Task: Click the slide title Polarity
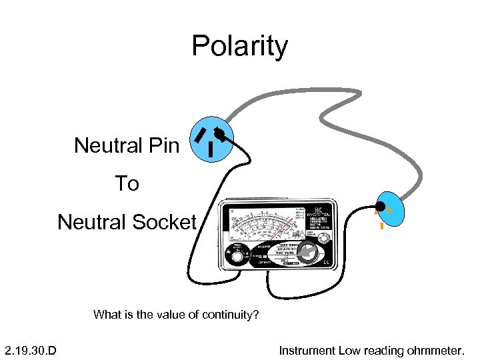(239, 46)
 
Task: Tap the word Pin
(163, 145)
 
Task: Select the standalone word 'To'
(127, 183)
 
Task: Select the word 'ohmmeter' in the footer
(439, 350)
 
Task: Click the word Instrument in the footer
(307, 350)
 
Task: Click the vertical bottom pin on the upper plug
(211, 149)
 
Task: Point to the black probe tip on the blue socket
(380, 205)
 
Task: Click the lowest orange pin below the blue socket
(382, 227)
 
